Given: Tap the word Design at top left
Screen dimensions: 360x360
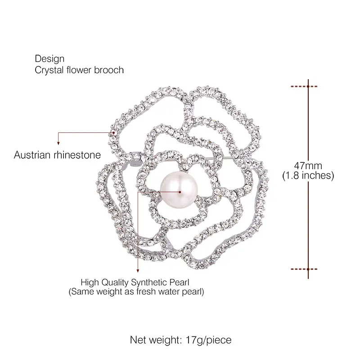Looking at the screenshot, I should [49, 59].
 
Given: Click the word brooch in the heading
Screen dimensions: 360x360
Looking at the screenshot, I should [108, 70].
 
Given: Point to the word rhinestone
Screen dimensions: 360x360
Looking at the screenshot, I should [79, 155].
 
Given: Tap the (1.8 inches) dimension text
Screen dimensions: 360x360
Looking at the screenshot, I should [308, 175].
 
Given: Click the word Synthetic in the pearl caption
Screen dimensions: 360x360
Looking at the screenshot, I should [149, 282].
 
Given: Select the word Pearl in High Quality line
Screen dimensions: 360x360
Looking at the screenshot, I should [179, 282].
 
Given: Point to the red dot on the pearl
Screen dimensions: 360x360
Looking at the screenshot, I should [180, 192].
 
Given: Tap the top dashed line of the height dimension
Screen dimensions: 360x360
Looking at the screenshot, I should [308, 85].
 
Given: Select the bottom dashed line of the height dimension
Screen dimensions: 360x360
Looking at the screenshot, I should [308, 269].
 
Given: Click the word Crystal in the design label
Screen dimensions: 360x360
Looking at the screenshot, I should [47, 70].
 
